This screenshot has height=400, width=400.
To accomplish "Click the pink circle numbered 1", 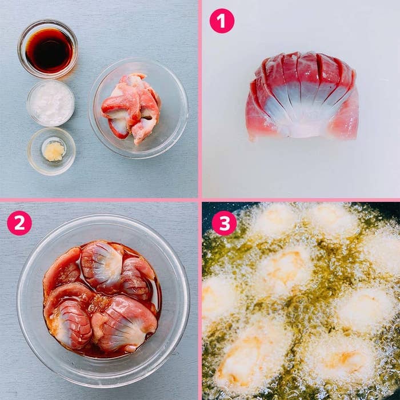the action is click(222, 21).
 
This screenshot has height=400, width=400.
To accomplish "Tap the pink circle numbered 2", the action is click(19, 223).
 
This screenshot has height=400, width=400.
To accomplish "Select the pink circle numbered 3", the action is click(224, 223).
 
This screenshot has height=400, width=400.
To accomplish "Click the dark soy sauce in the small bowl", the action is click(49, 50).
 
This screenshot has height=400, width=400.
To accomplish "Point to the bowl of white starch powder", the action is click(50, 103).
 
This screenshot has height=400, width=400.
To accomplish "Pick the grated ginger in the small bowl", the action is click(54, 151).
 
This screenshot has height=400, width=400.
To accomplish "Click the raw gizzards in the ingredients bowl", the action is click(131, 108).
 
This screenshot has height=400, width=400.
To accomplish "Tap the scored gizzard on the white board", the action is click(302, 97).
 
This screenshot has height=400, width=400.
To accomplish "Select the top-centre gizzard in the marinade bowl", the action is click(102, 263).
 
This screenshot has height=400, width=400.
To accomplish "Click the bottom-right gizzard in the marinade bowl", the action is click(125, 324).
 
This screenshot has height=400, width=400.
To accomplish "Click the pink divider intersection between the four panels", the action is click(200, 200).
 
